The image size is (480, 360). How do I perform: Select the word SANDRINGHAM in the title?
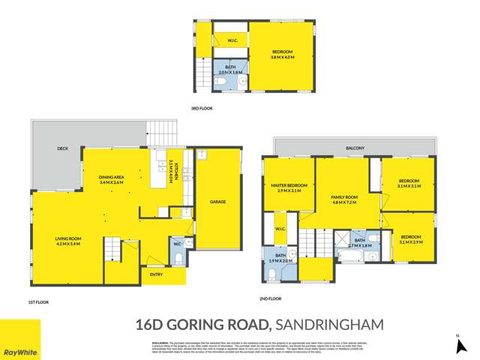(x=330, y=325)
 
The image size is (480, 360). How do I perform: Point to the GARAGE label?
(x=218, y=202)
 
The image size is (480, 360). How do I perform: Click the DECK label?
(x=63, y=148)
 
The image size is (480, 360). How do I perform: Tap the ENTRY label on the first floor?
(x=156, y=275)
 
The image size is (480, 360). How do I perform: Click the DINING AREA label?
(x=111, y=177)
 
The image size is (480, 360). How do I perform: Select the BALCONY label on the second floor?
(x=355, y=148)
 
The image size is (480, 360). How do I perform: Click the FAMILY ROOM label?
(x=346, y=197)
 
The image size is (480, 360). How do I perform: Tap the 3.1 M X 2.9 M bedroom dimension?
(x=411, y=242)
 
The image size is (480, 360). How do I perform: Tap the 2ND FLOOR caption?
(x=270, y=298)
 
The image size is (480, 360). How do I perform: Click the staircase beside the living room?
(x=112, y=247)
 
